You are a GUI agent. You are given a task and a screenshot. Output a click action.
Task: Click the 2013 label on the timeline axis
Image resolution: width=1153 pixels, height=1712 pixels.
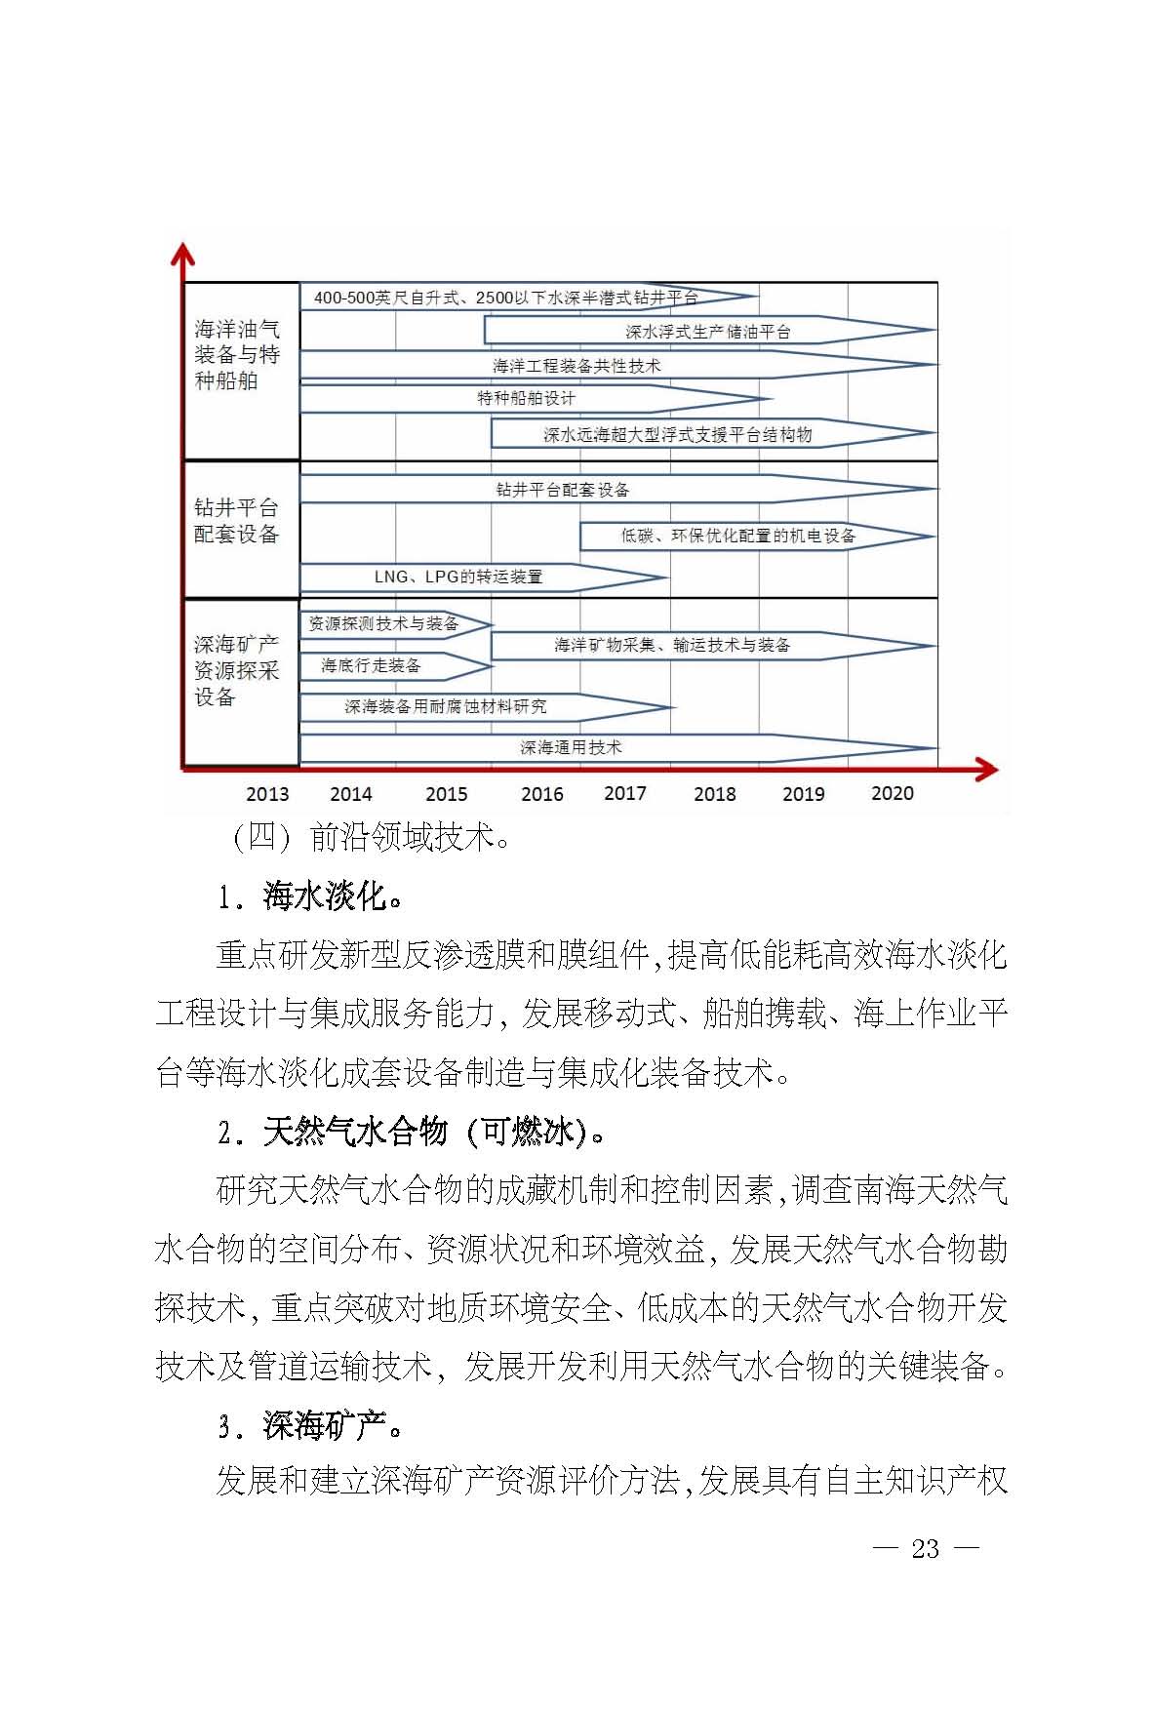267,794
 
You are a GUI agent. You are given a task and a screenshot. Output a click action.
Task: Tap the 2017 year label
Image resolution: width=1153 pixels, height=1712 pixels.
625,793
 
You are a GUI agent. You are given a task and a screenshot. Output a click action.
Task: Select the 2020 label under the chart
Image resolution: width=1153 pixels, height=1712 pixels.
892,793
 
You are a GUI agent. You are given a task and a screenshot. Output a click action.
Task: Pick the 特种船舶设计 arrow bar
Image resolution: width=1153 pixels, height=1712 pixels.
527,398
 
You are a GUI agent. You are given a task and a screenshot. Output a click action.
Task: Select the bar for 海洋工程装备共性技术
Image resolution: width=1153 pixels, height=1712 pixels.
576,366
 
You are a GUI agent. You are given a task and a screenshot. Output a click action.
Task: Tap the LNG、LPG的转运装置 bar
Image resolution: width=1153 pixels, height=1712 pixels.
458,577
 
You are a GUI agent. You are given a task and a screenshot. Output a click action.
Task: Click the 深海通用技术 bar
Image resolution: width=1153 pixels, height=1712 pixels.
571,747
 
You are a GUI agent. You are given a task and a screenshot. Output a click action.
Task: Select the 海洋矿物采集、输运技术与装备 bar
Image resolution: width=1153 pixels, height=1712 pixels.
672,645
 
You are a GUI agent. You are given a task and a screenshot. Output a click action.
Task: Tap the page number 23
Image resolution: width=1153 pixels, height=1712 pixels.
925,1549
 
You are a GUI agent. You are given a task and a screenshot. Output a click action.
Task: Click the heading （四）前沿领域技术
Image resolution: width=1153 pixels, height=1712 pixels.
370,837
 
